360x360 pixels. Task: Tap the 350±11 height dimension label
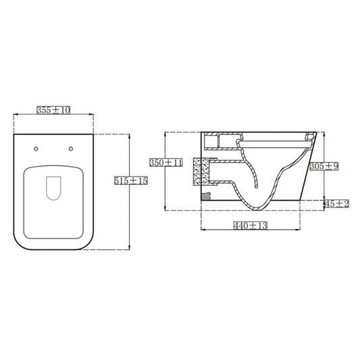pos(166,162)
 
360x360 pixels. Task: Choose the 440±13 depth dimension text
pos(251,225)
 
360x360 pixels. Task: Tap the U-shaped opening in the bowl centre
pos(52,188)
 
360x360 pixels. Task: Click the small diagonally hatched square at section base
pos(207,196)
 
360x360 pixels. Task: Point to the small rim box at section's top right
pos(310,137)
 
